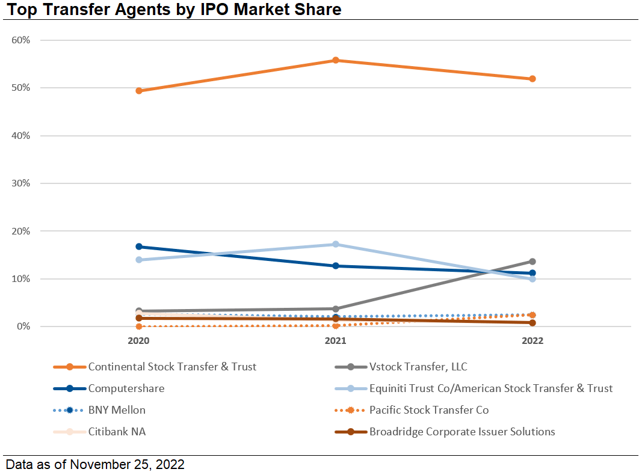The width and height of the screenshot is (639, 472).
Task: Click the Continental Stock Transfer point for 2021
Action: coord(336,60)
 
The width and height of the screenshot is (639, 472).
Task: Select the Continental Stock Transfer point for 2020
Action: coord(139,91)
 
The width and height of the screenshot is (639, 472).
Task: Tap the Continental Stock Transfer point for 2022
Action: coord(532,79)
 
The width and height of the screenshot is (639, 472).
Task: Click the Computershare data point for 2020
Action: coord(139,247)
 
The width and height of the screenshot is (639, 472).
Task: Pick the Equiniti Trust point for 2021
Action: coord(336,244)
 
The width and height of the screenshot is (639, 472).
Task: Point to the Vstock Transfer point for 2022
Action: coord(532,262)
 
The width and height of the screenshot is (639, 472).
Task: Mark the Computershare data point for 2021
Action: coord(336,266)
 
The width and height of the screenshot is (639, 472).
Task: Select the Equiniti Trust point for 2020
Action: coord(139,260)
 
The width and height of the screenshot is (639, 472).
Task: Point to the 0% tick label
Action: coord(23,326)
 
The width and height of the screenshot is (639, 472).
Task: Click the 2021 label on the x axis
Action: coord(336,341)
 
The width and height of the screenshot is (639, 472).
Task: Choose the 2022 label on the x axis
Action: coord(532,341)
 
